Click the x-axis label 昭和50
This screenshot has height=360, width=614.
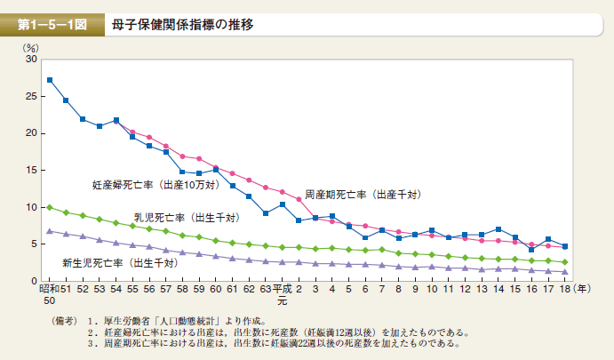pyautogui.click(x=48, y=295)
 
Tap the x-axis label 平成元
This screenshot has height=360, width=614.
pyautogui.click(x=282, y=295)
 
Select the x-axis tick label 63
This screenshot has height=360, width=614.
pyautogui.click(x=265, y=290)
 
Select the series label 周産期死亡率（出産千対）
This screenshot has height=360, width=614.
pyautogui.click(x=362, y=194)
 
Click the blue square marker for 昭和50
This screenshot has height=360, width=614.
pyautogui.click(x=50, y=80)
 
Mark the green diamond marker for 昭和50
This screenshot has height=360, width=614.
pyautogui.click(x=50, y=207)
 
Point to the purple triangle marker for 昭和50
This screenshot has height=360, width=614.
pyautogui.click(x=50, y=231)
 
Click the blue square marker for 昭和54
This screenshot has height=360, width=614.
pyautogui.click(x=116, y=120)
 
